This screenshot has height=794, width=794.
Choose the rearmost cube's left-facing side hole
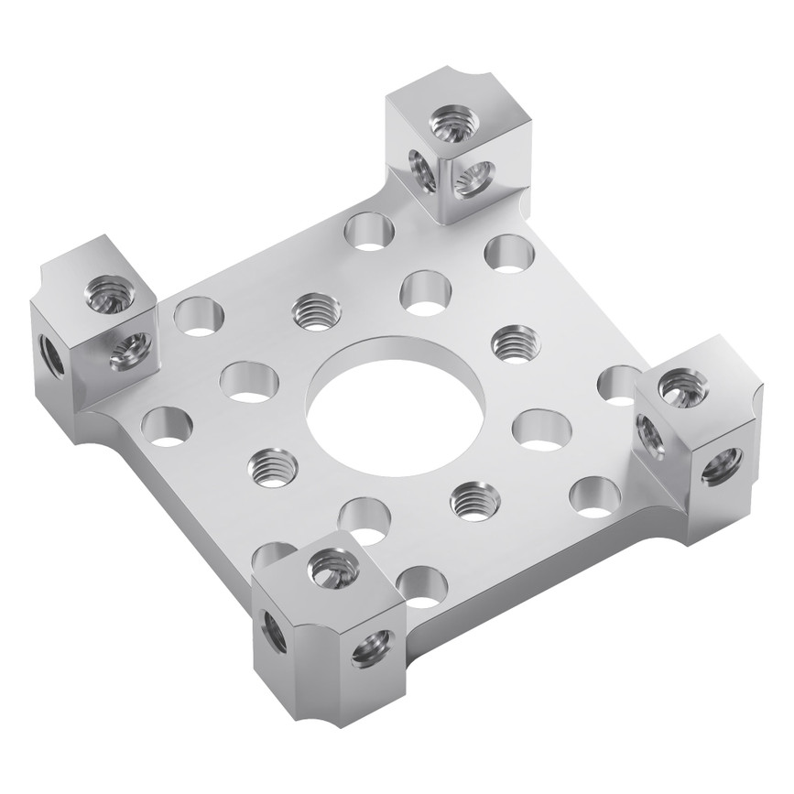point(422,169)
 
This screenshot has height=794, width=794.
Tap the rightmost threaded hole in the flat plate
point(516,343)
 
